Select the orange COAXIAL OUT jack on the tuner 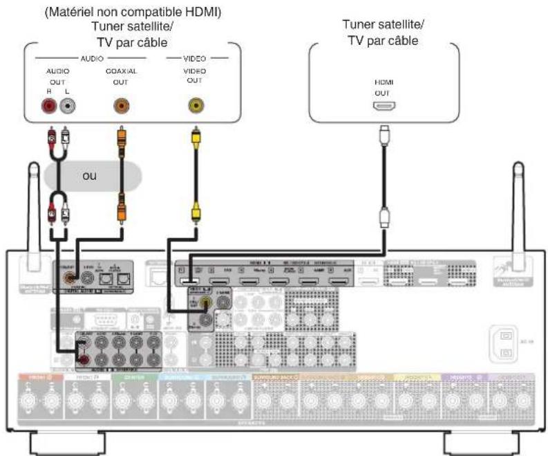click(x=120, y=106)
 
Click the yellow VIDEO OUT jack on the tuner click(x=196, y=106)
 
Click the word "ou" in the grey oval click(x=90, y=176)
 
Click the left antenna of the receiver click(x=35, y=208)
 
